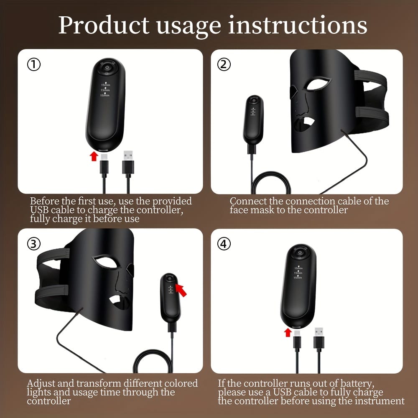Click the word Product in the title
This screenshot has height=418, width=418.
(104, 25)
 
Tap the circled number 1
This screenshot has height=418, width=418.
(34, 64)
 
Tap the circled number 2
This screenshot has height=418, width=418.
(224, 64)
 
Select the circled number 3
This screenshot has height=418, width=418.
(34, 244)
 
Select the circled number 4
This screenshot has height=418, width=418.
(224, 244)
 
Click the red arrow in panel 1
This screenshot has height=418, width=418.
(94, 156)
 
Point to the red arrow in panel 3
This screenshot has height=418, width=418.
(181, 290)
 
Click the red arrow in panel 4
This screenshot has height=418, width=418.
(288, 332)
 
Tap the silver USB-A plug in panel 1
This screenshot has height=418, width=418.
(128, 155)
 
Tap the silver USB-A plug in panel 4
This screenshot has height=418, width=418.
(319, 332)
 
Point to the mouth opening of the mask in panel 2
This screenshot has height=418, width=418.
(308, 122)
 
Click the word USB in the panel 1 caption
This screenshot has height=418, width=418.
(39, 210)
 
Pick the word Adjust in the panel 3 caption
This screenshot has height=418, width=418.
(41, 384)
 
